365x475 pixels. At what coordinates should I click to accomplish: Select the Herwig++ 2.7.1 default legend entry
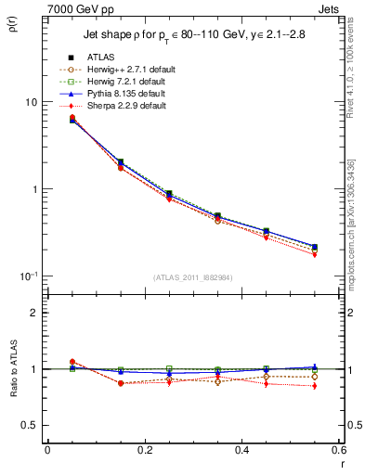pyautogui.click(x=128, y=70)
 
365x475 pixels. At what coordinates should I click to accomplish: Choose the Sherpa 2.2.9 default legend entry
pyautogui.click(x=125, y=106)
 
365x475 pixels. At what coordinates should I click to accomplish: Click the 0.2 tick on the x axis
pyautogui.click(x=144, y=450)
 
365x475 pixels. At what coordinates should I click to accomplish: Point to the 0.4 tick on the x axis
pyautogui.click(x=241, y=450)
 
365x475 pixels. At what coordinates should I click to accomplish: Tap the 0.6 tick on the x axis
pyautogui.click(x=338, y=450)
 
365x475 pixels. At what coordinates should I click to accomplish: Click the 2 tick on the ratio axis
pyautogui.click(x=35, y=313)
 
